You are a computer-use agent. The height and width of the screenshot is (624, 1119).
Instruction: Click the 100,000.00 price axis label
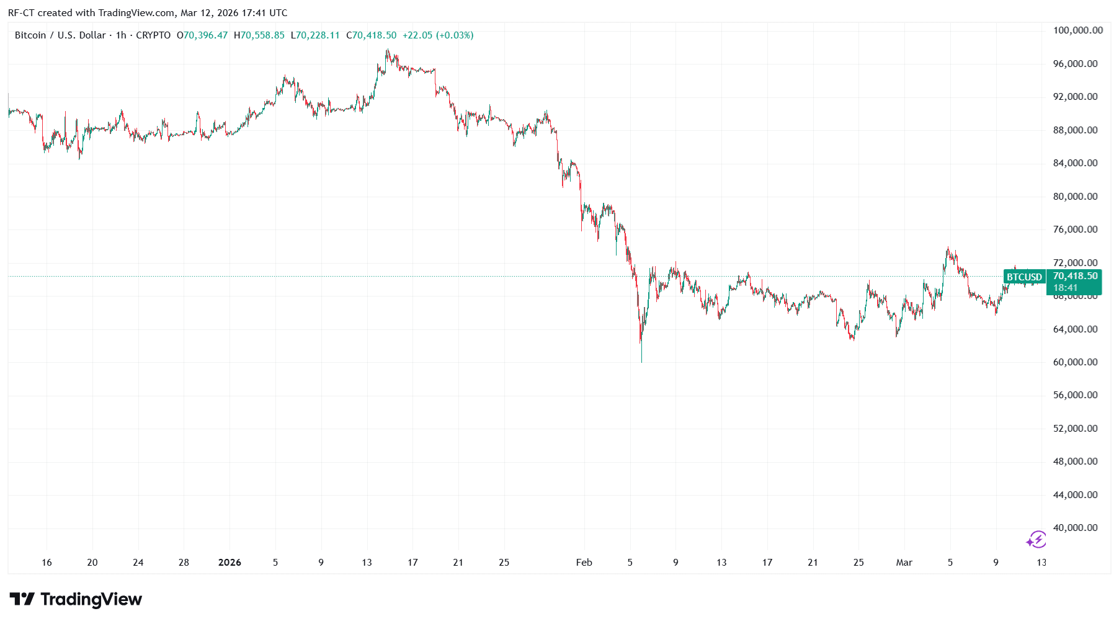point(1077,30)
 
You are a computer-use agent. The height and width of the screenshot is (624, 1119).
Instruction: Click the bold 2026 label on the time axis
point(230,563)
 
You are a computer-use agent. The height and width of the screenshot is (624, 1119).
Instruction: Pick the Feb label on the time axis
point(584,563)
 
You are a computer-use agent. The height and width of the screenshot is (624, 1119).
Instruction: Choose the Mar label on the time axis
point(904,563)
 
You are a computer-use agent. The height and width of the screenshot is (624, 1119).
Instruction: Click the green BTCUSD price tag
point(1024,277)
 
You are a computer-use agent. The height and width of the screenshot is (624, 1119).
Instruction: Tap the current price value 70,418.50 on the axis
point(1075,276)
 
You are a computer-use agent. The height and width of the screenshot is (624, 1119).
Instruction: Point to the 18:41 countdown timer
point(1065,288)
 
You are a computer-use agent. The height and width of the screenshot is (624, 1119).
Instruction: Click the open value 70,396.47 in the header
point(205,35)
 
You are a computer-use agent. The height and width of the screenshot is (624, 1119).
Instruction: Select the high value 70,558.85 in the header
point(262,35)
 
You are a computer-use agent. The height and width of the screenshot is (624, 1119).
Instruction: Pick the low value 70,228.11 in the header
point(318,35)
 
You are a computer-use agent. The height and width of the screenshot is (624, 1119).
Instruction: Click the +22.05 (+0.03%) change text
point(438,35)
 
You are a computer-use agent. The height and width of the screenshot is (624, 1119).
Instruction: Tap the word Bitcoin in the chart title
point(30,35)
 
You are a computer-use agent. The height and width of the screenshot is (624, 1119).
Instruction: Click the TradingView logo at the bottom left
point(76,600)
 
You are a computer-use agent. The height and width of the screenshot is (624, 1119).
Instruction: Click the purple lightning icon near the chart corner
point(1036,540)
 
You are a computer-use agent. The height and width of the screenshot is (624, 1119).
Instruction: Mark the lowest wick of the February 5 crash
point(641,361)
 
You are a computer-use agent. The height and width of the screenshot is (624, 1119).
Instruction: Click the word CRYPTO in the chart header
point(153,35)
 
